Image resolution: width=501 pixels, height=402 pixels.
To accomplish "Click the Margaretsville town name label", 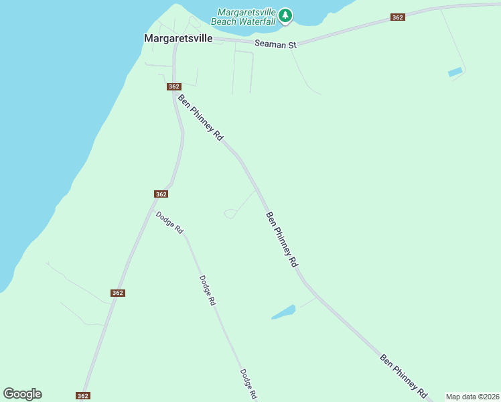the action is (x=178, y=39).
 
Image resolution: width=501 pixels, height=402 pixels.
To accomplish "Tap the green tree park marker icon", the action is (x=285, y=15).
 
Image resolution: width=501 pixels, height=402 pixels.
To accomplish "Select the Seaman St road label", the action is (x=275, y=44).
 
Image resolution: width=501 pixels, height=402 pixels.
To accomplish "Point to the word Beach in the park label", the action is (x=224, y=21).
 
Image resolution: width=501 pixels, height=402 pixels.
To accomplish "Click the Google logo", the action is (x=22, y=394).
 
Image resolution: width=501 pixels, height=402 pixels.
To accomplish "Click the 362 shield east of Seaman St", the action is (x=398, y=17).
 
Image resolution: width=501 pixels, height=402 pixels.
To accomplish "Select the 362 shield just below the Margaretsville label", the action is (x=174, y=86).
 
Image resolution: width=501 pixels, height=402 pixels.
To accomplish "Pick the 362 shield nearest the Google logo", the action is (x=83, y=396).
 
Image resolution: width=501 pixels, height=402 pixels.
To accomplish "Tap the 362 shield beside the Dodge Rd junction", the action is (x=160, y=194).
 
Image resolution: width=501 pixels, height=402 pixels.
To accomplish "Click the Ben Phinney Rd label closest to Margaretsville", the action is (x=200, y=117).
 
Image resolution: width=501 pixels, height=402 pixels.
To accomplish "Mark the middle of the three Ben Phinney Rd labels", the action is (x=281, y=240).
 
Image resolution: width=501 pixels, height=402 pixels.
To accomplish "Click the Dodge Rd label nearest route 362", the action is (x=169, y=222).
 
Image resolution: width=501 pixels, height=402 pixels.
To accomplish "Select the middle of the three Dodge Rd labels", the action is (x=207, y=291).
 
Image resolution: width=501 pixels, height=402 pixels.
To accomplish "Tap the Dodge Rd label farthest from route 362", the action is (x=248, y=384).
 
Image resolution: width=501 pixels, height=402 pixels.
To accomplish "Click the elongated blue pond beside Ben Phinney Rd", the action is (x=283, y=312).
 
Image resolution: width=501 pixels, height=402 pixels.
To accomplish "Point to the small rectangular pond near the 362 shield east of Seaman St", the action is (x=455, y=72).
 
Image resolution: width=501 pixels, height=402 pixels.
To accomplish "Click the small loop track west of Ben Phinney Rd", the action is (x=230, y=214).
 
